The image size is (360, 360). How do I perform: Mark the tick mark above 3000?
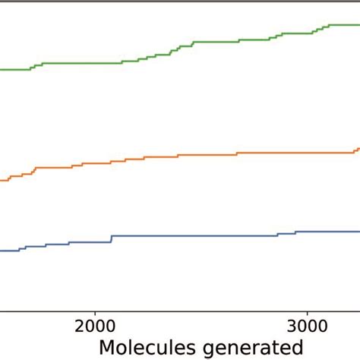coord(307,312)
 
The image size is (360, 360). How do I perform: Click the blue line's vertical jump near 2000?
coord(112,239)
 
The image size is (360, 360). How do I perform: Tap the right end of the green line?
coord(358,25)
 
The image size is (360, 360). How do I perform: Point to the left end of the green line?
coord(2,69)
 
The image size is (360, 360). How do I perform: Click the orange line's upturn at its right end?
coord(357,150)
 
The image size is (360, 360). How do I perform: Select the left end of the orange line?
coord(2,180)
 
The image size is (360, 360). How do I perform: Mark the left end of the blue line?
coord(2,251)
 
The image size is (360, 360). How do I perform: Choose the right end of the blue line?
coord(358,231)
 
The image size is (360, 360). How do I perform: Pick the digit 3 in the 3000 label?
coord(292,326)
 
